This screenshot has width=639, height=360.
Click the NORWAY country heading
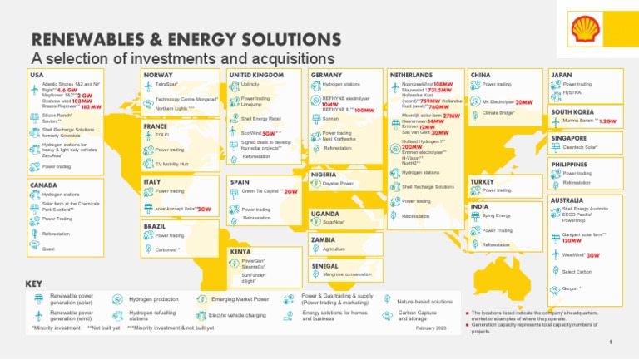click(x=158, y=75)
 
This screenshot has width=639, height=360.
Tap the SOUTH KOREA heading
click(x=571, y=111)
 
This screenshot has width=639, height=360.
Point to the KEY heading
click(x=34, y=284)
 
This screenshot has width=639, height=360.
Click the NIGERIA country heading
click(x=324, y=175)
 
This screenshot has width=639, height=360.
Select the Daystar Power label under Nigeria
click(x=339, y=183)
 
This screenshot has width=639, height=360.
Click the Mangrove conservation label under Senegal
click(x=347, y=274)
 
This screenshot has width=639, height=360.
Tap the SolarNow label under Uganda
click(x=334, y=222)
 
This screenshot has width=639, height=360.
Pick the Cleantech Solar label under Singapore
click(x=581, y=147)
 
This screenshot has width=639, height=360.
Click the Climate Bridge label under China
click(x=500, y=112)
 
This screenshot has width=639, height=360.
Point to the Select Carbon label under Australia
click(x=577, y=272)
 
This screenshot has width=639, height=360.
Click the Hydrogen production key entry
click(x=153, y=298)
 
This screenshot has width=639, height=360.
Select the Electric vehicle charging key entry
click(x=237, y=315)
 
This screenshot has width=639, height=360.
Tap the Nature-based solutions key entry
click(x=424, y=301)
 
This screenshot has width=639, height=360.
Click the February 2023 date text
click(x=431, y=328)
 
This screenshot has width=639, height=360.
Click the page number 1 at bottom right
click(x=610, y=342)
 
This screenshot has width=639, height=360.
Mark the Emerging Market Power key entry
click(x=240, y=298)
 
